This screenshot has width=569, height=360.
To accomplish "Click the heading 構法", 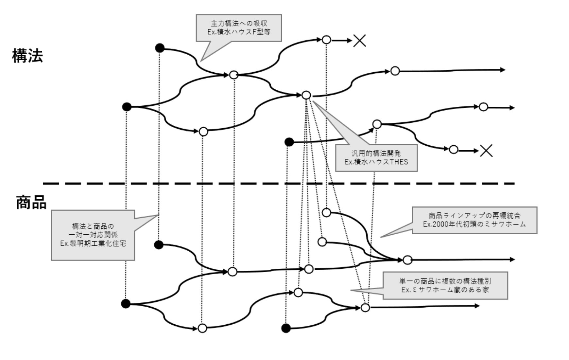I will pos(28,56).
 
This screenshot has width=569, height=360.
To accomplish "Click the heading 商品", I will pos(31,203).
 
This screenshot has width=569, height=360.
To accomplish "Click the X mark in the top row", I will pos(359,41).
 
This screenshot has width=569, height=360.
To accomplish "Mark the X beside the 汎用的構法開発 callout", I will pos(486,151).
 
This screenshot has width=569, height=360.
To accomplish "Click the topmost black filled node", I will pos(160,48).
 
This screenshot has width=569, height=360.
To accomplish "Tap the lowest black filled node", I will pos(286,328).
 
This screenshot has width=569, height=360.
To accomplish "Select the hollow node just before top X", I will pos(326,40).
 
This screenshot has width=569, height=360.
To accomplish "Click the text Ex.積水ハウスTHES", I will pos(376,162).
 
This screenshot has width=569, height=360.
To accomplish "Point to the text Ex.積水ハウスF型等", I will pos(239,32).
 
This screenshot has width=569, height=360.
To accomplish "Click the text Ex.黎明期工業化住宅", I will pos(93,243).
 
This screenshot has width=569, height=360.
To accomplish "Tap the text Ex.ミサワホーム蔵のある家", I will pos(445,290).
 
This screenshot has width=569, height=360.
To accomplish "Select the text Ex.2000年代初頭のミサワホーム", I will pos(474,224).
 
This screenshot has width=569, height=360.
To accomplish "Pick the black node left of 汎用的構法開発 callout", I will pos(289,142).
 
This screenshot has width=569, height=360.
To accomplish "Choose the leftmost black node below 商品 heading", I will pos(126,304).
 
